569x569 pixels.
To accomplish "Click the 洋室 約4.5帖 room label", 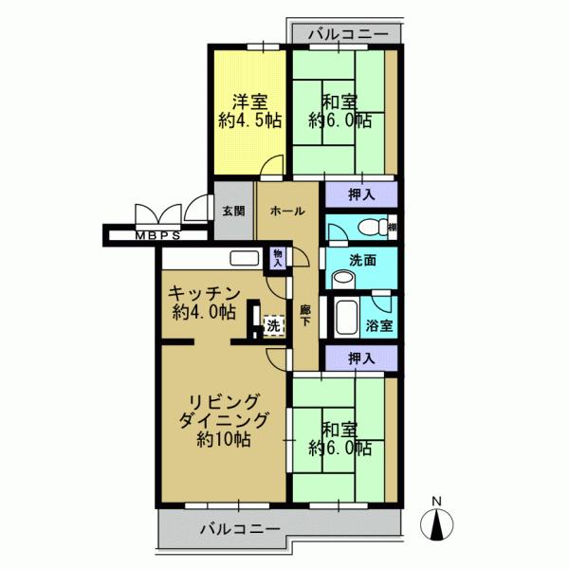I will click(248, 110).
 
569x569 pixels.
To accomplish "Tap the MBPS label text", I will click(156, 234).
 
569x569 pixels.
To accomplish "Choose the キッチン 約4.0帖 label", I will click(203, 303).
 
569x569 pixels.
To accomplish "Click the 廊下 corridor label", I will click(305, 316).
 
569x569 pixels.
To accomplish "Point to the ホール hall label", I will click(287, 211).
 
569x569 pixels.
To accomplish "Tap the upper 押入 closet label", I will click(360, 194).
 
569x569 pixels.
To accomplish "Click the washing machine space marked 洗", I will click(272, 325).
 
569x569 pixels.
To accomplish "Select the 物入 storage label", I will click(277, 258).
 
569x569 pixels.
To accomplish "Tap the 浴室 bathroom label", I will click(380, 325).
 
